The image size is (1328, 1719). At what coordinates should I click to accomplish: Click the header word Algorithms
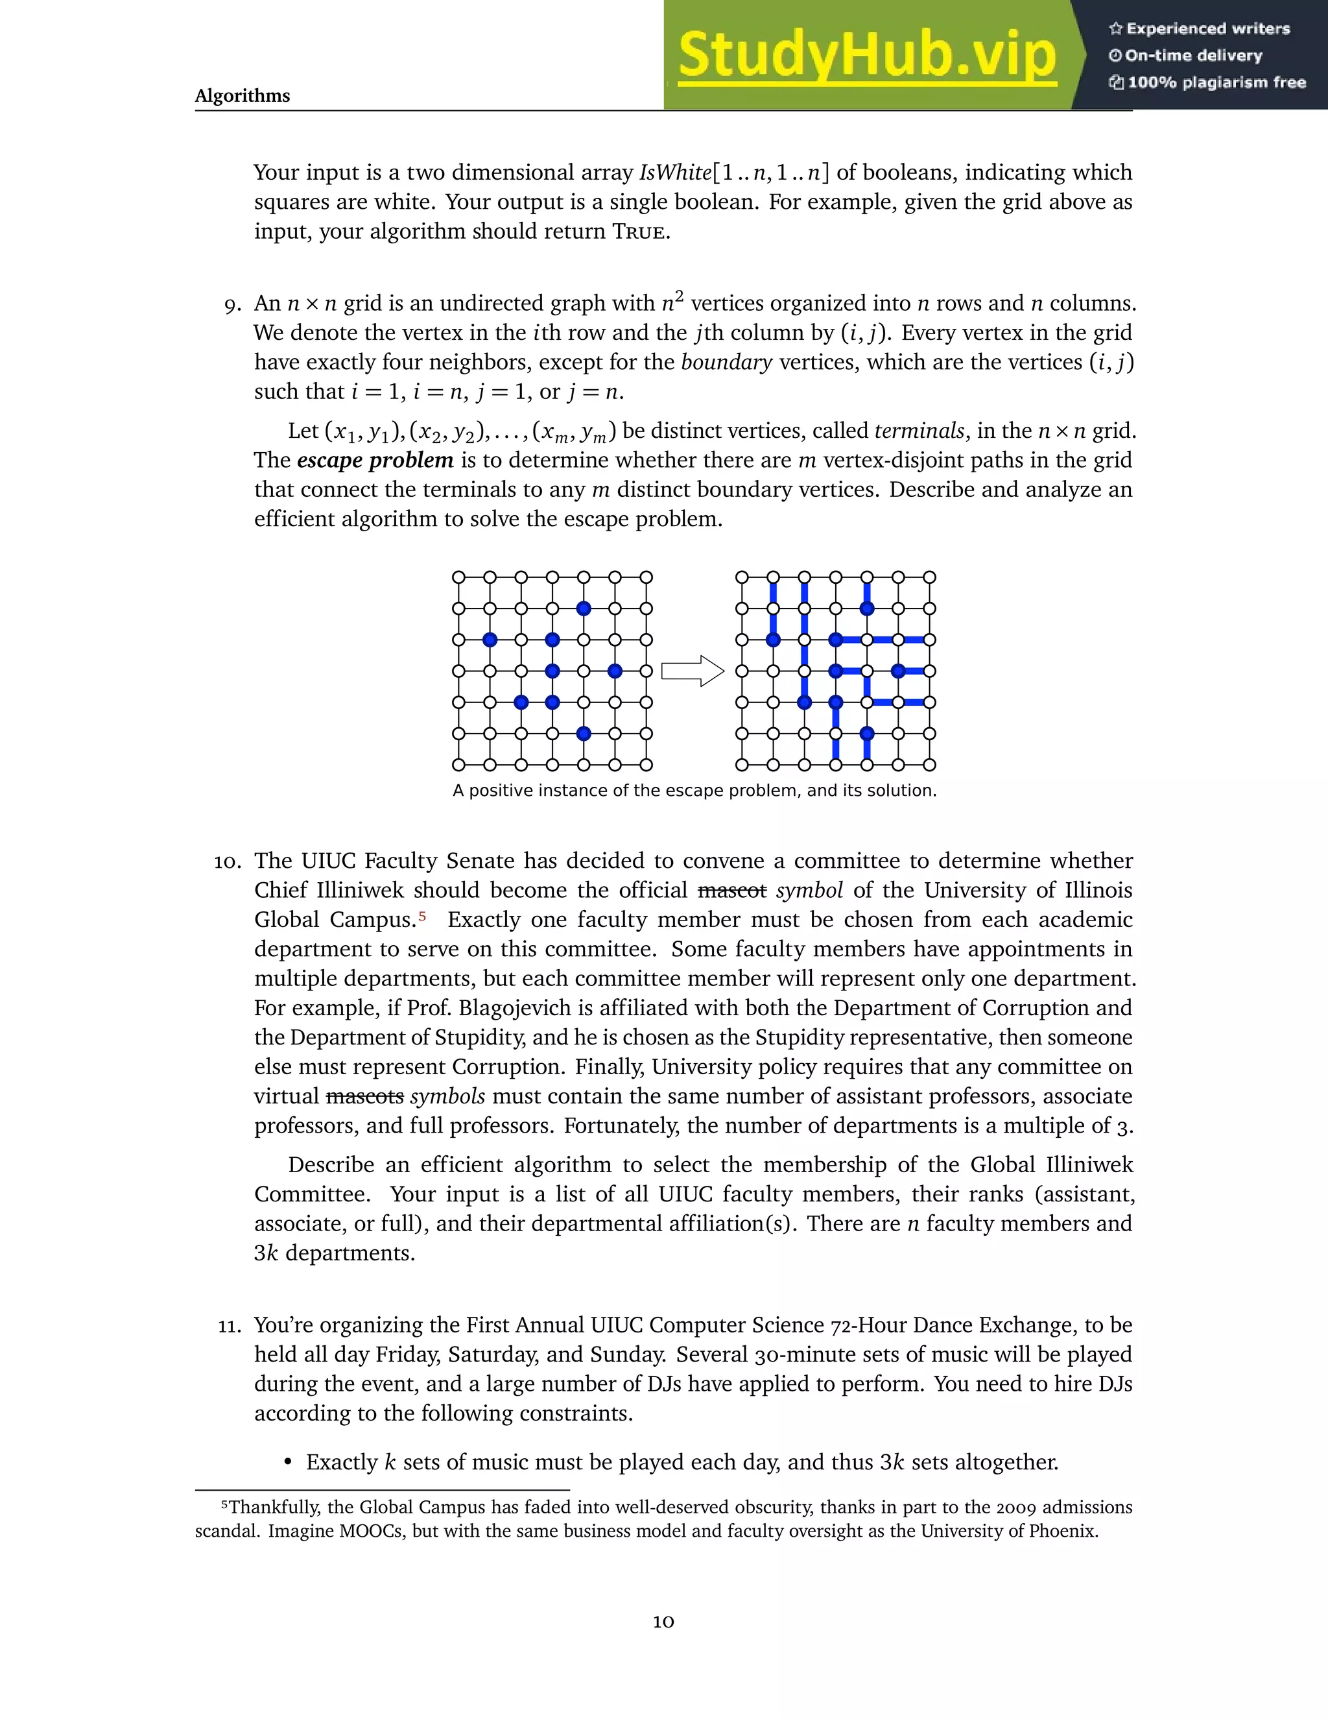pos(243,96)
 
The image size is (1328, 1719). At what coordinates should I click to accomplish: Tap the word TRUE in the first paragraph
pos(639,232)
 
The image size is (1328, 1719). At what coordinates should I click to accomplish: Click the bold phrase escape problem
pos(375,461)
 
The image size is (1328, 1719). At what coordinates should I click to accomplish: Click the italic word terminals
pos(919,431)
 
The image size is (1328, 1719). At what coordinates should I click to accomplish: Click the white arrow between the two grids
pos(691,671)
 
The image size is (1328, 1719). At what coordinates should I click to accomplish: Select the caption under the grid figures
pos(694,790)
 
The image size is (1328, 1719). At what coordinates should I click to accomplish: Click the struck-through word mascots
pos(364,1096)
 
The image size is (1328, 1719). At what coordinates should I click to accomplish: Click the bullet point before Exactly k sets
pos(288,1462)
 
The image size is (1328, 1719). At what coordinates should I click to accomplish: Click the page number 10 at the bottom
pos(663,1622)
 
